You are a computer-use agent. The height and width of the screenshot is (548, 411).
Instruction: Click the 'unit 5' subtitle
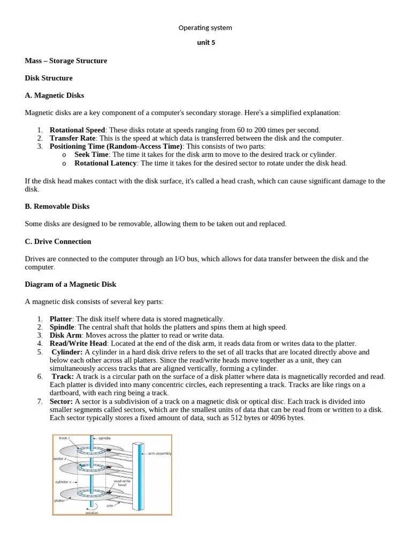[x=206, y=43]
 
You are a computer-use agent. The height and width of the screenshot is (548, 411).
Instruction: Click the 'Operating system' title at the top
[x=205, y=27]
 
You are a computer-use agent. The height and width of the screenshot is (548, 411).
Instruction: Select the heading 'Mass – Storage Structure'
[x=66, y=60]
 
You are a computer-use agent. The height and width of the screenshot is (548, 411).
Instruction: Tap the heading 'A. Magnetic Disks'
[x=54, y=95]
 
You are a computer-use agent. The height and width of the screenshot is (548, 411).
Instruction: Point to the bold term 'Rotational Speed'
[x=77, y=130]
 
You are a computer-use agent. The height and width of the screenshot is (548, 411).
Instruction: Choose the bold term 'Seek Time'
[x=91, y=154]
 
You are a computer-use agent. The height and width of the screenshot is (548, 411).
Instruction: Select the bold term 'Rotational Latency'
[x=105, y=163]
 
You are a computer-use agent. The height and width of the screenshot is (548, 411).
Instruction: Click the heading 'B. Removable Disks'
[x=57, y=206]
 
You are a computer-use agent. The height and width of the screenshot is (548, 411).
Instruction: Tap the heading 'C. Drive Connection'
[x=58, y=241]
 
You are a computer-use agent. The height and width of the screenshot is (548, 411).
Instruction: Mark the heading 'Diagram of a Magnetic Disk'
[x=70, y=284]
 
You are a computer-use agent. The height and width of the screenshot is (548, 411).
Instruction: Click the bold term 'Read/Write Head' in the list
[x=79, y=343]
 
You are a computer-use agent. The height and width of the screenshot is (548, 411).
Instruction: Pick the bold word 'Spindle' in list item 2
[x=62, y=327]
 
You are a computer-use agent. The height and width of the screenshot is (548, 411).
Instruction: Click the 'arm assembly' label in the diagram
[x=159, y=453]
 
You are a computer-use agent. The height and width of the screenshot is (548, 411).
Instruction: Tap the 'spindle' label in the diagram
[x=104, y=438]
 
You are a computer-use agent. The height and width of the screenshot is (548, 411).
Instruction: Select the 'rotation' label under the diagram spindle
[x=92, y=512]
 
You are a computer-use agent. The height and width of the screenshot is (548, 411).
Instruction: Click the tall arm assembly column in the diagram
[x=141, y=471]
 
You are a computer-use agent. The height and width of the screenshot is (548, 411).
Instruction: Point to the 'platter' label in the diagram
[x=59, y=501]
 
